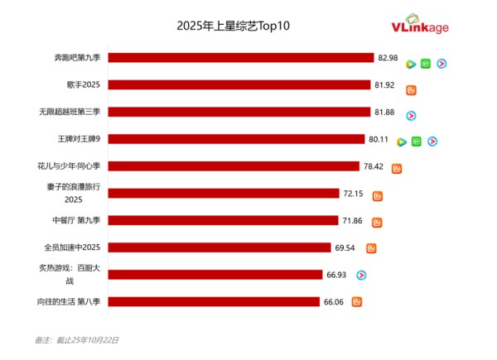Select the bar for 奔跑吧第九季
241,58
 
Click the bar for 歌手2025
239,84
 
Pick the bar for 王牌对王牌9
236,139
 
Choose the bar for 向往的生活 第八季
214,301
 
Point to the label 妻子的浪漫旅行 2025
74,194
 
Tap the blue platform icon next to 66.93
361,275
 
